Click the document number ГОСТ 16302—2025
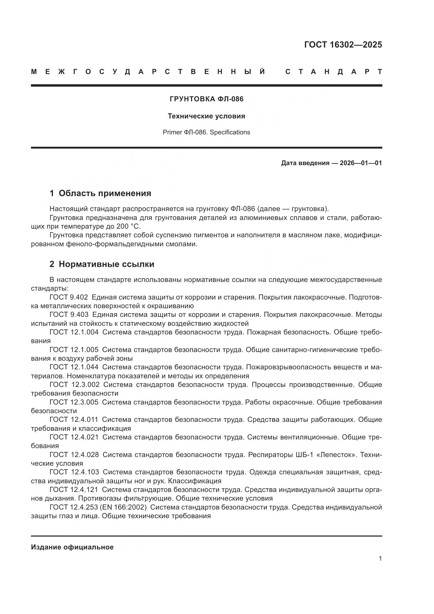343,45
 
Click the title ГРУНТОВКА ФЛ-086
207,99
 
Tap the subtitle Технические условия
206,116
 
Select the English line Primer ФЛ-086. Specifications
206,132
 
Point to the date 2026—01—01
361,163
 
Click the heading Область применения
105,193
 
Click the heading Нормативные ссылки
106,264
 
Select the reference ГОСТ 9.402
69,297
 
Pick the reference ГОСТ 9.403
69,314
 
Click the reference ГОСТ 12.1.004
74,332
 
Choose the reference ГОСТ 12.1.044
74,367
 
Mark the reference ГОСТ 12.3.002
74,385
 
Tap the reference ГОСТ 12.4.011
74,419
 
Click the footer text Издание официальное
72,547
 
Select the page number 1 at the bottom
380,558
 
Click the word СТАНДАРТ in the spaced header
334,72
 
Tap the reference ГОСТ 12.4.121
74,489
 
